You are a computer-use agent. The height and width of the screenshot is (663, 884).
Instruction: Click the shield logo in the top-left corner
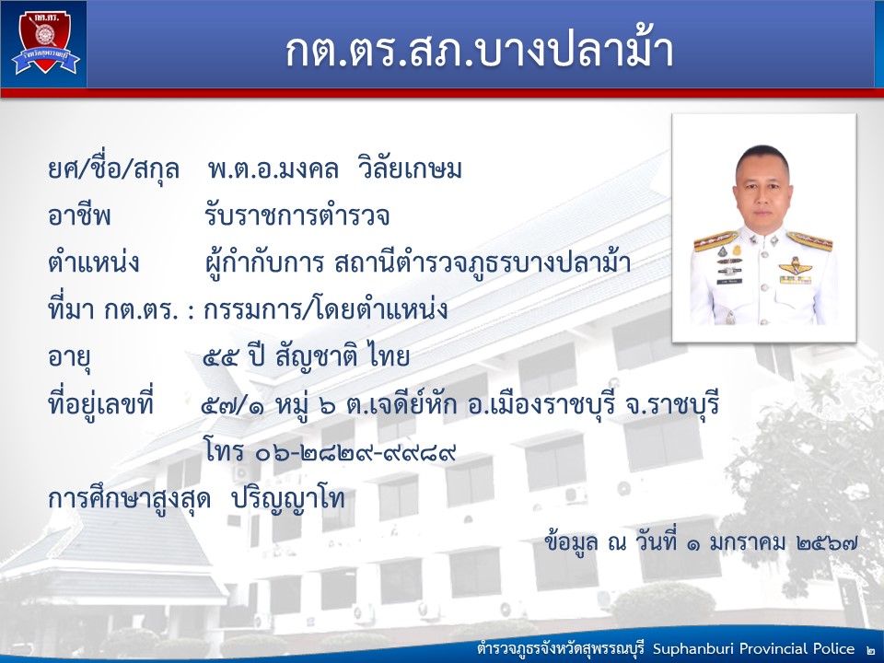[x=45, y=43]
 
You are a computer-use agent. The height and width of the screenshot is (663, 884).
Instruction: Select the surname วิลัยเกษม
[x=410, y=169]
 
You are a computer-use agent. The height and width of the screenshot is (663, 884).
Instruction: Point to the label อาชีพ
[x=79, y=215]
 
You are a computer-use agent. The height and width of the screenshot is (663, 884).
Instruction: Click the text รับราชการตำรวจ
[x=297, y=215]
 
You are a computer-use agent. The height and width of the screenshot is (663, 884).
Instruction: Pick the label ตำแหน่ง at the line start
[x=94, y=262]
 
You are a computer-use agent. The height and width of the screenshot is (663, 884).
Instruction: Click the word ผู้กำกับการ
[x=265, y=263]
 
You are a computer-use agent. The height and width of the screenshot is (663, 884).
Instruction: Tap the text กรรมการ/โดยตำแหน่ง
[x=326, y=309]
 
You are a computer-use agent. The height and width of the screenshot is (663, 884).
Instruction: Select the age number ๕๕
[x=220, y=357]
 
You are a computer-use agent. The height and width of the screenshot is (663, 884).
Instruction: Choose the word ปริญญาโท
[x=288, y=499]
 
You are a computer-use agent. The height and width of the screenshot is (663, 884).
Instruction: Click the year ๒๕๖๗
[x=828, y=542]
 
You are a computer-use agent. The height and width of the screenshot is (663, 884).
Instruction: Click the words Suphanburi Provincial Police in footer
[x=754, y=648]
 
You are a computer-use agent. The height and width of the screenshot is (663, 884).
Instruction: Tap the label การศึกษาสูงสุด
[x=130, y=499]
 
